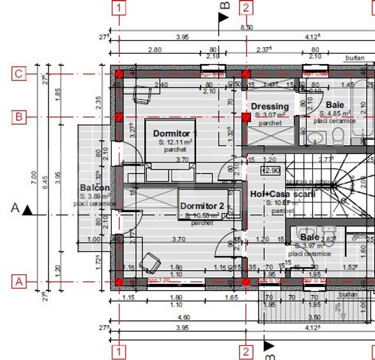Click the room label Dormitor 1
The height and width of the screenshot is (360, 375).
click(175, 134)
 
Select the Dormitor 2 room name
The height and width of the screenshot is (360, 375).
click(202, 206)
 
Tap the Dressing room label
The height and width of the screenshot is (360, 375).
click(270, 106)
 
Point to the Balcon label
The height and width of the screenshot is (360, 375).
click(95, 188)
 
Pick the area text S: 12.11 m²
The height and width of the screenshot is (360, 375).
click(175, 142)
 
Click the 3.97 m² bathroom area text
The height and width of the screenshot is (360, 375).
click(312, 246)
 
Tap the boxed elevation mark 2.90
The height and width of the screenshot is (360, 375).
click(270, 171)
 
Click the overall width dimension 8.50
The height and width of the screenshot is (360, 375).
click(246, 27)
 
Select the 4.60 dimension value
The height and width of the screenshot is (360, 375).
click(183, 317)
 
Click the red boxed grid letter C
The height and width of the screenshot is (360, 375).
click(19, 74)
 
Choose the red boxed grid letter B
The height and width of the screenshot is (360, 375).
click(19, 117)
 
